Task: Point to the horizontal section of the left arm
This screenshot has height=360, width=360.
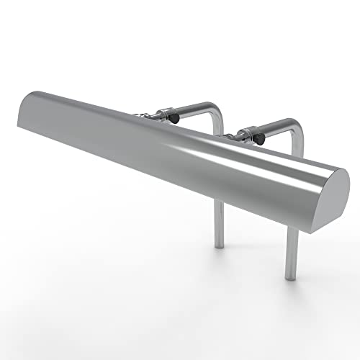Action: pos(194,108)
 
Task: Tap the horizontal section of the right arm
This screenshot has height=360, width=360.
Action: pos(277,125)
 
